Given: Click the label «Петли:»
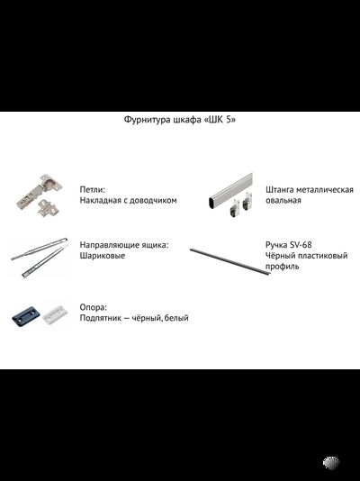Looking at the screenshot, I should (x=93, y=190).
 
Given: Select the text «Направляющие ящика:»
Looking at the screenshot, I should (x=124, y=245).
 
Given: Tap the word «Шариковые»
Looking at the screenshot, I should (x=103, y=256).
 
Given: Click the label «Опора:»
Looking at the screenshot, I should (x=94, y=307).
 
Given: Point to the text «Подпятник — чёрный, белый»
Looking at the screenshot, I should (x=134, y=318).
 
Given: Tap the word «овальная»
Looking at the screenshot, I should (x=283, y=201).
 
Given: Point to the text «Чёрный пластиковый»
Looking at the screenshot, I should (x=306, y=256).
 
